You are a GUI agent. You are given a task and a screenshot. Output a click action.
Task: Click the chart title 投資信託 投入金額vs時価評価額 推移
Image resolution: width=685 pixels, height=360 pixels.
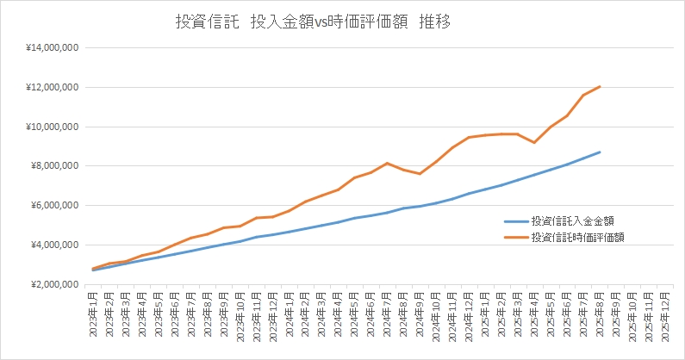click(313, 23)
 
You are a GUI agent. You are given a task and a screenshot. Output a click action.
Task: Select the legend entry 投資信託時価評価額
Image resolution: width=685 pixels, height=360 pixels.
click(576, 237)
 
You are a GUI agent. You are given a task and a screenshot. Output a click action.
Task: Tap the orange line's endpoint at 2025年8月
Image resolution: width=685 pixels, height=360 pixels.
click(600, 86)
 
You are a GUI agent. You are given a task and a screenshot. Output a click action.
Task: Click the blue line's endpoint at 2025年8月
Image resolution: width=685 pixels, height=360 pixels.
click(600, 152)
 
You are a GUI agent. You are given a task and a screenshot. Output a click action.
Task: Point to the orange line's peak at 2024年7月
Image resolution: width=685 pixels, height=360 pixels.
click(388, 163)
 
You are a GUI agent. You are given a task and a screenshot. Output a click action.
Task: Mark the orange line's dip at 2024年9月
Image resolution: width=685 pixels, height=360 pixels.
click(420, 174)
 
